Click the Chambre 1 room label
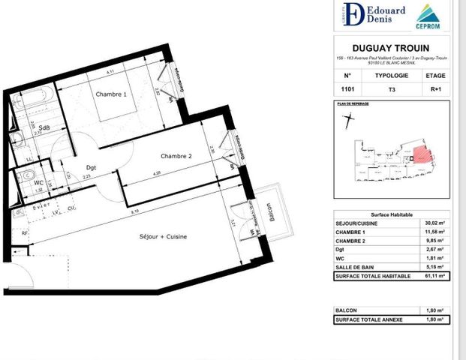tap(110, 94)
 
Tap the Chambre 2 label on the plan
tap(176, 156)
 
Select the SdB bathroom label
tap(45, 127)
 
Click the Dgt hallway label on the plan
tap(91, 168)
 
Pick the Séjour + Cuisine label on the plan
tap(163, 237)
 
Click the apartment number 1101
tap(346, 88)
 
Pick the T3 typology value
tap(391, 88)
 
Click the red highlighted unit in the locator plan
tap(423, 154)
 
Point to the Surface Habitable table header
tap(391, 213)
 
